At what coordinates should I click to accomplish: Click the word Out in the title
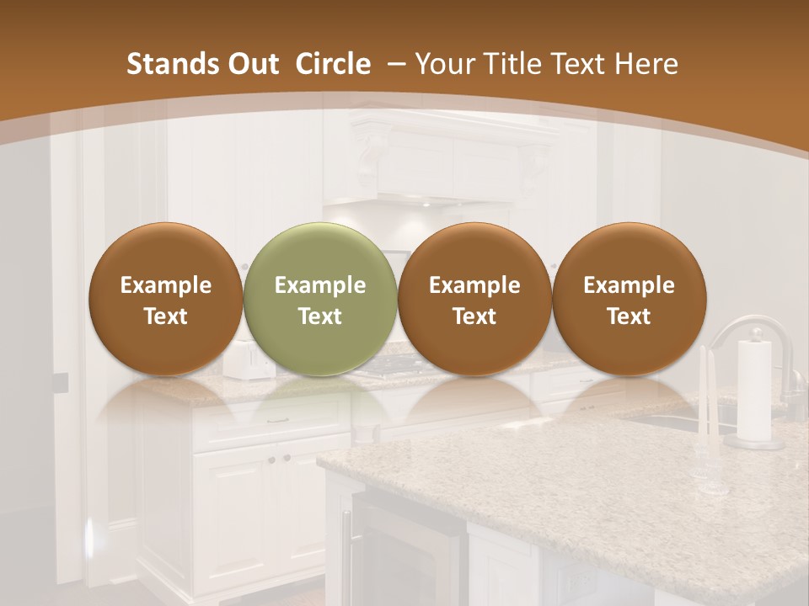[x=251, y=64]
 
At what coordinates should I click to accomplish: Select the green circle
[x=320, y=300]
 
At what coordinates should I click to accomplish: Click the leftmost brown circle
[x=166, y=300]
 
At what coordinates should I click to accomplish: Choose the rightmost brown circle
[x=629, y=300]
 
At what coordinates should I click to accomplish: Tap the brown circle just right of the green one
[x=474, y=300]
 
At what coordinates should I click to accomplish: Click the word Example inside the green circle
[x=320, y=285]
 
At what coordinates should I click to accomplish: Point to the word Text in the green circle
[x=320, y=316]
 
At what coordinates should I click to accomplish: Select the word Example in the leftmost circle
[x=166, y=285]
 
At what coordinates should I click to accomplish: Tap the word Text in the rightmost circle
[x=629, y=316]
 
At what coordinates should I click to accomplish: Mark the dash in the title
[x=393, y=64]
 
